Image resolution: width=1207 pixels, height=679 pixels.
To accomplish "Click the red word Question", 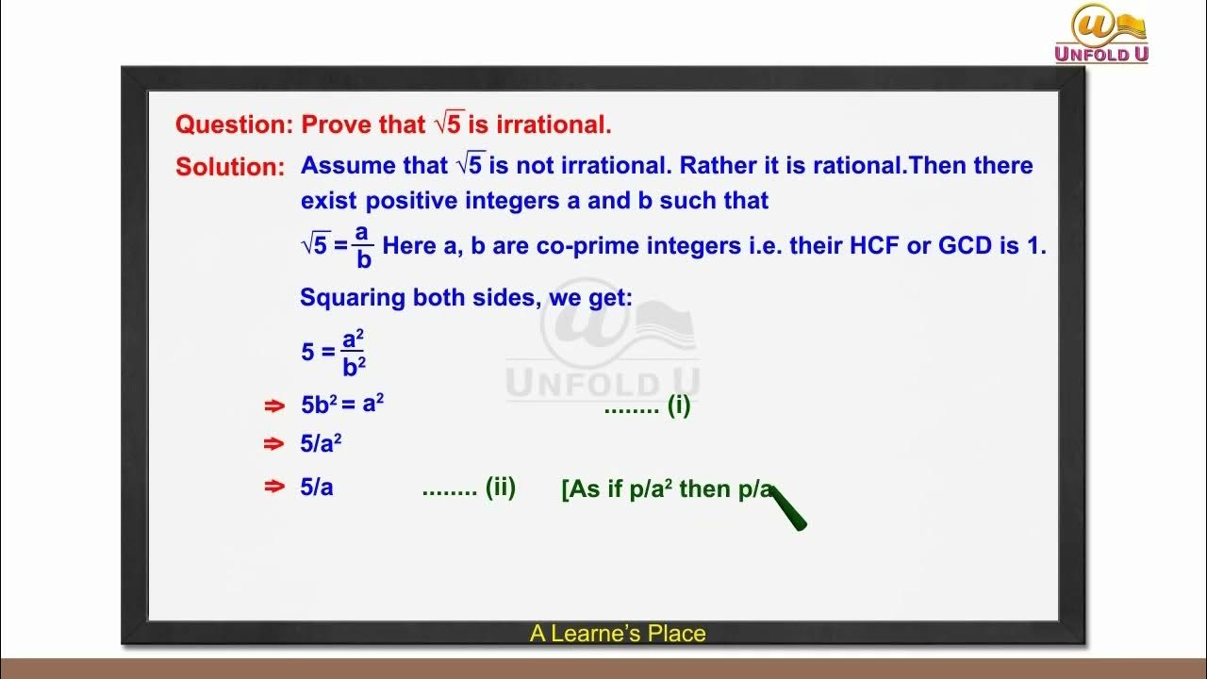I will (x=235, y=124).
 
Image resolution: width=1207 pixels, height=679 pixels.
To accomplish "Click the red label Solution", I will (x=229, y=167).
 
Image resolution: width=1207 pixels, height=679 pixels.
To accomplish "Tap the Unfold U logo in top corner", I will (x=1101, y=34).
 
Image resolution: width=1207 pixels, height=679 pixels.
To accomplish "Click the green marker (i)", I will (x=679, y=406).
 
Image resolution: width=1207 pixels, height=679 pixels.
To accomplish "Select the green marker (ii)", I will (x=500, y=488).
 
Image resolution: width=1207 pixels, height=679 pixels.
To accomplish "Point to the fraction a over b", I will (x=363, y=246).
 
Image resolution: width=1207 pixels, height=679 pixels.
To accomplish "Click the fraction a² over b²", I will (x=354, y=353).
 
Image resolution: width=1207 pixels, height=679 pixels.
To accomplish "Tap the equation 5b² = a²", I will (x=342, y=405).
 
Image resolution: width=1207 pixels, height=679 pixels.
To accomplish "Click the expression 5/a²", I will (x=321, y=443).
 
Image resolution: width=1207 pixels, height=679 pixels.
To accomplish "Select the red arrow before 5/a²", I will (x=273, y=444).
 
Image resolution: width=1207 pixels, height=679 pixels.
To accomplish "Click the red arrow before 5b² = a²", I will (x=273, y=406).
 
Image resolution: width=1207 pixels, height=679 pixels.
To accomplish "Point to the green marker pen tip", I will (x=777, y=494).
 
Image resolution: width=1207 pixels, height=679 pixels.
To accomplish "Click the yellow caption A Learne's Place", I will (x=618, y=634).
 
